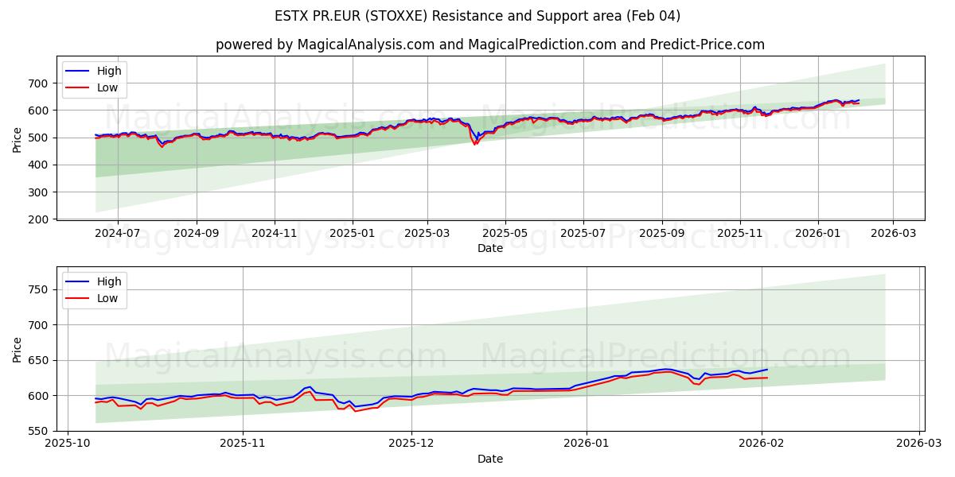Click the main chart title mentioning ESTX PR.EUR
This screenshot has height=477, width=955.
(x=477, y=16)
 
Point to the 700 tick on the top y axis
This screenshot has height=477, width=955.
(x=38, y=83)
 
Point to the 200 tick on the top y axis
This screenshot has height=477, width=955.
(x=38, y=219)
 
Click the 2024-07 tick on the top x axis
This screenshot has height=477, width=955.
(x=117, y=233)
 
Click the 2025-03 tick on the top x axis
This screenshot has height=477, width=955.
(x=427, y=233)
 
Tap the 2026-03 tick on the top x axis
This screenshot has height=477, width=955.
(x=892, y=233)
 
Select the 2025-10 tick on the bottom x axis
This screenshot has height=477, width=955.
(x=67, y=444)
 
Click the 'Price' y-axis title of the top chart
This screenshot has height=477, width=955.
(x=18, y=138)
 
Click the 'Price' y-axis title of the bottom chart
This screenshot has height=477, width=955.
(x=18, y=349)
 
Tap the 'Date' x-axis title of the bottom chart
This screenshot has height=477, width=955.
(x=489, y=459)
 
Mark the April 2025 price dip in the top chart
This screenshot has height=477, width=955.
(x=475, y=142)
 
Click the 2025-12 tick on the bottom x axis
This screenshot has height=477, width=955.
(x=411, y=444)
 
